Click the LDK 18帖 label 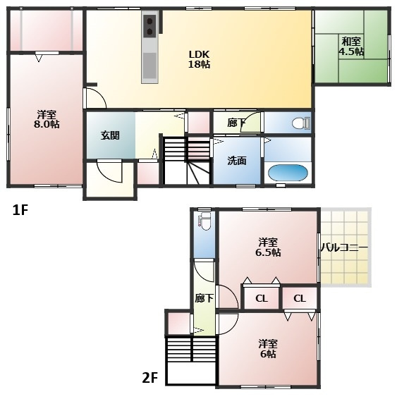[199, 59]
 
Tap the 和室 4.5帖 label [351, 47]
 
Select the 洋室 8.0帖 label [47, 119]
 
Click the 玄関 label [110, 135]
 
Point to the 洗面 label [237, 161]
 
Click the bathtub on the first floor [288, 173]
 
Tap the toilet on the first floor [301, 123]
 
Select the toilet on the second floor [205, 221]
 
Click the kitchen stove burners [150, 26]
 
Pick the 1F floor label [20, 210]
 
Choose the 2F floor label [150, 378]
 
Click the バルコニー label [344, 247]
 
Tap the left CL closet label [262, 298]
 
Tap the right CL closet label [300, 298]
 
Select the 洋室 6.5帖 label [268, 247]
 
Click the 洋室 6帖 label [268, 349]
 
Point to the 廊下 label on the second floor [204, 298]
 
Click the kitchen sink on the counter [149, 65]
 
